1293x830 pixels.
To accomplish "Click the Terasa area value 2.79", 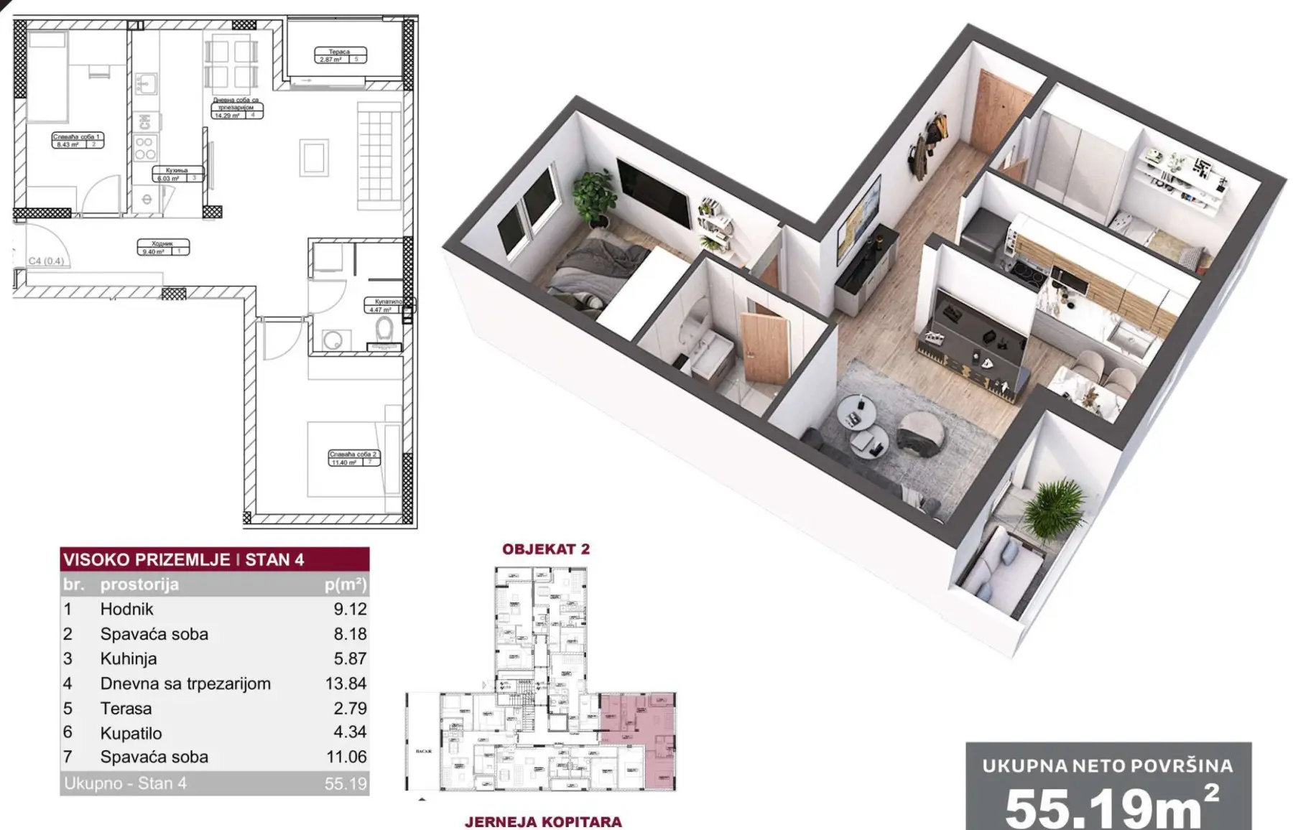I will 350,708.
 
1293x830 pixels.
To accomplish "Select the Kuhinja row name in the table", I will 129,658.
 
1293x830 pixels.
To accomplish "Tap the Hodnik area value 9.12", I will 350,609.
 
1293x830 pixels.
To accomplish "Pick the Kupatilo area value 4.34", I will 350,732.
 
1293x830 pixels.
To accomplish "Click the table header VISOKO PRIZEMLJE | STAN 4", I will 184,559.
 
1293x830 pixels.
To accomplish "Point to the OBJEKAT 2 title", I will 545,549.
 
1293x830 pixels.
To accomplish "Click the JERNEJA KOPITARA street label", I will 543,821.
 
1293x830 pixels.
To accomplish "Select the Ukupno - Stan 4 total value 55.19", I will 346,783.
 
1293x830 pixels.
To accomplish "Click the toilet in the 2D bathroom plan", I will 384,330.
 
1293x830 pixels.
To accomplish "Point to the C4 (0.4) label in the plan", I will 46,261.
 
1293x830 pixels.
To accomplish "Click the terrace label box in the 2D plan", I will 340,55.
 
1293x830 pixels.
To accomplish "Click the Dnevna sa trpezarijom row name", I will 185,684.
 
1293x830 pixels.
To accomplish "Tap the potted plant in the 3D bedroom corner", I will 595,194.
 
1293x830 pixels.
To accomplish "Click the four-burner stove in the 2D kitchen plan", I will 144,148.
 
